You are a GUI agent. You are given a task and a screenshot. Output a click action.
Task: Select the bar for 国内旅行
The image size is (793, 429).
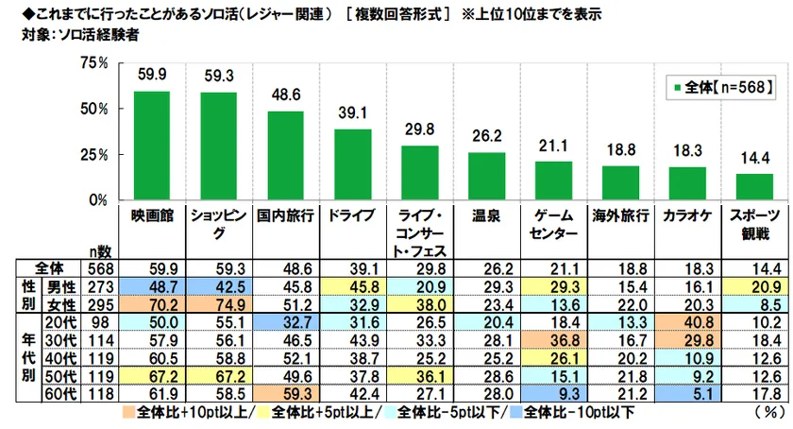pos(285,156)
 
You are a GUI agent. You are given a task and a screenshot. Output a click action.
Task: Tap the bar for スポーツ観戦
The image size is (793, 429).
pos(754,187)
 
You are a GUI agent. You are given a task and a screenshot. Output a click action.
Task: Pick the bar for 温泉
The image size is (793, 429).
pos(486,177)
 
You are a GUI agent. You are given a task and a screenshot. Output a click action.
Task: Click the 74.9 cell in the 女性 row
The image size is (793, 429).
pos(218,304)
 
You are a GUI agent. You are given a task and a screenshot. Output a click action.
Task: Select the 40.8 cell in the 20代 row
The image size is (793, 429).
pos(687,322)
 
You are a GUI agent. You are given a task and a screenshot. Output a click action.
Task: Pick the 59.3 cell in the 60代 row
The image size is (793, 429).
pos(285,394)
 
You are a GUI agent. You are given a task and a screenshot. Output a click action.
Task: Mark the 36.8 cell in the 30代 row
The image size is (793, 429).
pos(553,340)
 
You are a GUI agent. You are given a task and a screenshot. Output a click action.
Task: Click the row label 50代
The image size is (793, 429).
pos(64,376)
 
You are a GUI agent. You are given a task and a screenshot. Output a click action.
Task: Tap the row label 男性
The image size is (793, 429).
pos(64,286)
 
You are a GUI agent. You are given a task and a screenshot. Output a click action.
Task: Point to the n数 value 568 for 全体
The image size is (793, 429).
pos(98,268)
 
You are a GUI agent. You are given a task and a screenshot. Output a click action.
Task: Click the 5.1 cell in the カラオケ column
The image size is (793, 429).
pos(687,394)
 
